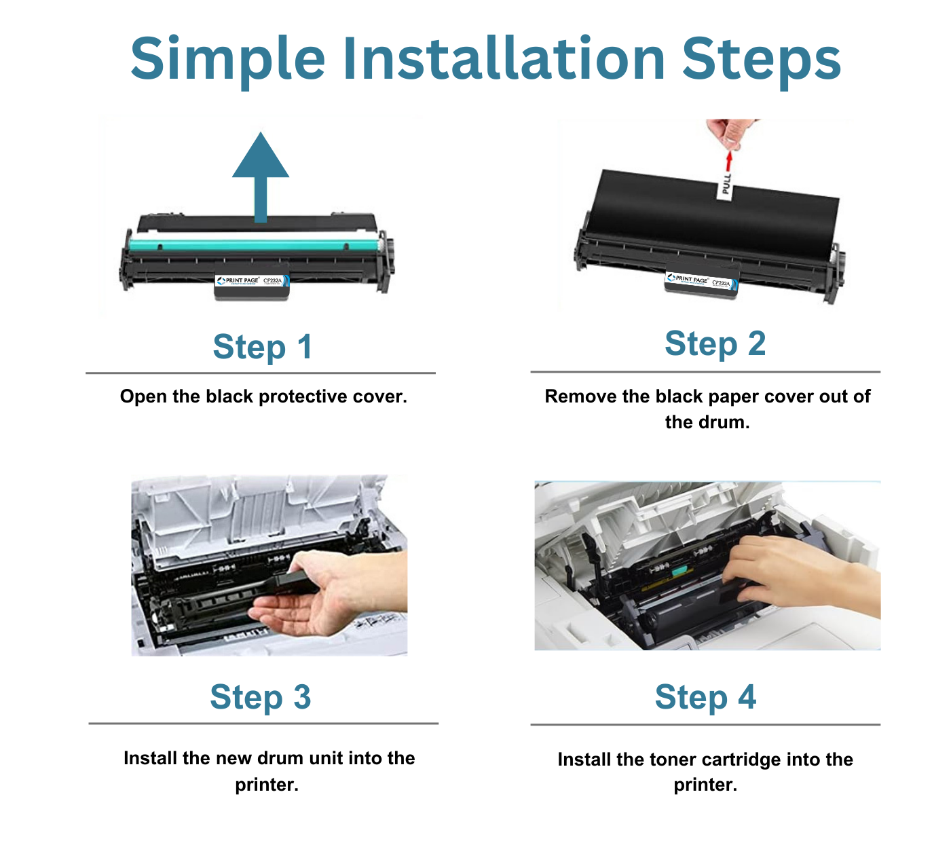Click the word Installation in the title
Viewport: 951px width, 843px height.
pyautogui.click(x=504, y=58)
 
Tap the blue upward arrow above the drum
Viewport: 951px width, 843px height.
pyautogui.click(x=261, y=173)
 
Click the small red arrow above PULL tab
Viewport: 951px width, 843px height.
pyautogui.click(x=729, y=161)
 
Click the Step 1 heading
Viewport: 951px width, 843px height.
pyautogui.click(x=262, y=347)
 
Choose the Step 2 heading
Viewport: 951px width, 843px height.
pyautogui.click(x=715, y=343)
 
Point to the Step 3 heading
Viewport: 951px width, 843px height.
pyautogui.click(x=260, y=697)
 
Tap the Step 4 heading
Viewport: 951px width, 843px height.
pyautogui.click(x=705, y=697)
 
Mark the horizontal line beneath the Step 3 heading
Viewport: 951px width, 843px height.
pyautogui.click(x=263, y=724)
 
